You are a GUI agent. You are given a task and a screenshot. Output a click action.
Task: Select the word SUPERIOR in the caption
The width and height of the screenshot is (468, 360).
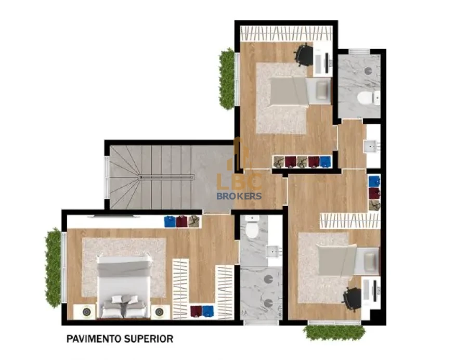tap(149, 339)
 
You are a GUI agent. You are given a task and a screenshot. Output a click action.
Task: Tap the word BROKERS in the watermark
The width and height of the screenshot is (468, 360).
tap(239, 196)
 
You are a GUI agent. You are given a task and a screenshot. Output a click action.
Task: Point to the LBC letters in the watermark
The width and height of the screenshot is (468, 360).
tap(239, 182)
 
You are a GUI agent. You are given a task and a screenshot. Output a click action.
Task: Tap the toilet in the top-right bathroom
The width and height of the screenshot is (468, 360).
tap(366, 98)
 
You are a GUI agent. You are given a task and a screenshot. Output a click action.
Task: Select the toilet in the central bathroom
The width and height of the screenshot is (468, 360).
tap(253, 230)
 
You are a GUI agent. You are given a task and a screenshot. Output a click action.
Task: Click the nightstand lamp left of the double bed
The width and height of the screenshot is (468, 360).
tap(86, 312)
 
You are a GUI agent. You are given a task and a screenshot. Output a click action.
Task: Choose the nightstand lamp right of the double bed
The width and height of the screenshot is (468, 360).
tap(160, 312)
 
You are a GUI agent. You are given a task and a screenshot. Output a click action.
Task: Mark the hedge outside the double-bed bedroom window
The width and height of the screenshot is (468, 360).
tap(53, 267)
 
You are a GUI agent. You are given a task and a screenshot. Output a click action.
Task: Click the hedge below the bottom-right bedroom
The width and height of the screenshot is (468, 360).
tap(334, 332)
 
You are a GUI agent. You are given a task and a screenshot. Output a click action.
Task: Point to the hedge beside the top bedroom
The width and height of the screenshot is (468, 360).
tap(227, 79)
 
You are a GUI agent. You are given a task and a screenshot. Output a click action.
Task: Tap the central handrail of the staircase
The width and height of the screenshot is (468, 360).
tap(166, 177)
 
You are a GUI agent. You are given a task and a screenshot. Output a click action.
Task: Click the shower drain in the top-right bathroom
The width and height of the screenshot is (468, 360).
tap(368, 71)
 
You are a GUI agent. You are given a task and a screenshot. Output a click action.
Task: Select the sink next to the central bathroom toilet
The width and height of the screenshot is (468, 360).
tap(274, 252)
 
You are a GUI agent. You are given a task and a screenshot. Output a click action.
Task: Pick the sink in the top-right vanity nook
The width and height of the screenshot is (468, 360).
tap(372, 146)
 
